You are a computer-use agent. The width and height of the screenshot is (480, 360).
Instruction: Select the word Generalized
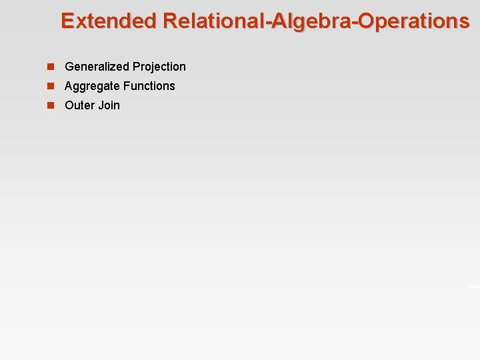pyautogui.click(x=97, y=67)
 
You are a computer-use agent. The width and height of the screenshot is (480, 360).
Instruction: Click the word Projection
pyautogui.click(x=159, y=67)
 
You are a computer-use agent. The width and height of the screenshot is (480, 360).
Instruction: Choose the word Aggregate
pyautogui.click(x=92, y=86)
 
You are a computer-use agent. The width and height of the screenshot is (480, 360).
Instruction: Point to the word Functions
pyautogui.click(x=149, y=86)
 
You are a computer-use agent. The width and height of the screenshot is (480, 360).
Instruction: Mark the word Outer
pyautogui.click(x=79, y=105)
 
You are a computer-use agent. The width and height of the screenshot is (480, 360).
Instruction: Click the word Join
pyautogui.click(x=109, y=105)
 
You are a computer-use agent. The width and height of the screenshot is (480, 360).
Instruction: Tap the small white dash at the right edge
pyautogui.click(x=474, y=286)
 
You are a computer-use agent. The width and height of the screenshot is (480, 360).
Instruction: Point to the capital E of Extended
pyautogui.click(x=67, y=21)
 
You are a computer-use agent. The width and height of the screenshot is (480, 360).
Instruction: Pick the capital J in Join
pyautogui.click(x=101, y=105)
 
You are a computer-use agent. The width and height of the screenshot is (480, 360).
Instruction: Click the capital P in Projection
pyautogui.click(x=137, y=67)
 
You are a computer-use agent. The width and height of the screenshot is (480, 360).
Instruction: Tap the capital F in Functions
pyautogui.click(x=127, y=86)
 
